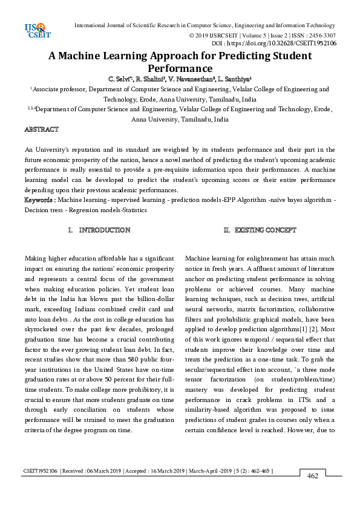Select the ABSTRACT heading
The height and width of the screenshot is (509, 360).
tap(41, 129)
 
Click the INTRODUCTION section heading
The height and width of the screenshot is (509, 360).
tap(104, 230)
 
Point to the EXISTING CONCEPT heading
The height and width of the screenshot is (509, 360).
tap(265, 230)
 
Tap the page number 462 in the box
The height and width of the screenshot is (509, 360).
tap(313, 476)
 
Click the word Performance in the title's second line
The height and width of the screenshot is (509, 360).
tap(180, 69)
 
